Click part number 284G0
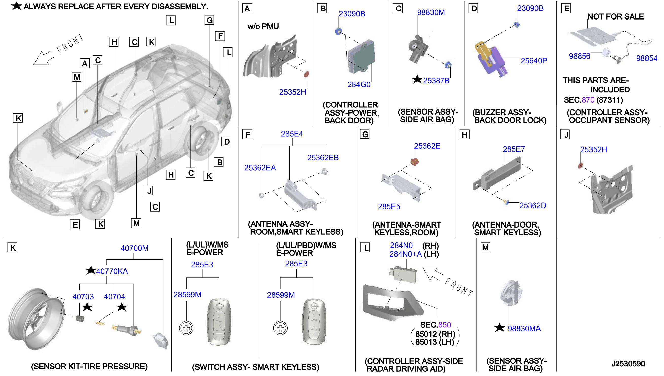[358, 84]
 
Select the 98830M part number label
[431, 12]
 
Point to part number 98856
[580, 56]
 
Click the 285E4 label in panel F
[292, 134]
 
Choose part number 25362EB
[323, 158]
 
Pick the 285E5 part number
[389, 206]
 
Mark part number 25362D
[532, 205]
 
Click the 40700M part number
[134, 248]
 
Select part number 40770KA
[112, 271]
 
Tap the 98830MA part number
[524, 328]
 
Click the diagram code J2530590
[628, 364]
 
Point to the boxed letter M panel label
[485, 247]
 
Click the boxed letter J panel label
[566, 135]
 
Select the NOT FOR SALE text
[615, 17]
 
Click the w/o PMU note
[263, 27]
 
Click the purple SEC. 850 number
[444, 325]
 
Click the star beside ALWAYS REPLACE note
[17, 6]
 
